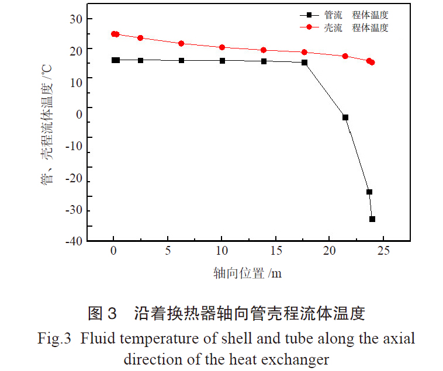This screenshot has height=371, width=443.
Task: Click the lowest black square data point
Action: tap(372, 219)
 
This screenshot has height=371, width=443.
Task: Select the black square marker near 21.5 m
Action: tap(345, 117)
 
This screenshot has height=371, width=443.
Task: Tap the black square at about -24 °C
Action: tap(369, 192)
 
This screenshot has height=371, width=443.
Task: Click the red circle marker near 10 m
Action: tap(222, 47)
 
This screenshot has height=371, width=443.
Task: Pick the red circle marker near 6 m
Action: tap(181, 43)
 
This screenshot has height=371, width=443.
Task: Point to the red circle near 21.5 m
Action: tap(345, 56)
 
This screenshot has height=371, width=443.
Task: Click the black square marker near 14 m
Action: tap(264, 61)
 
